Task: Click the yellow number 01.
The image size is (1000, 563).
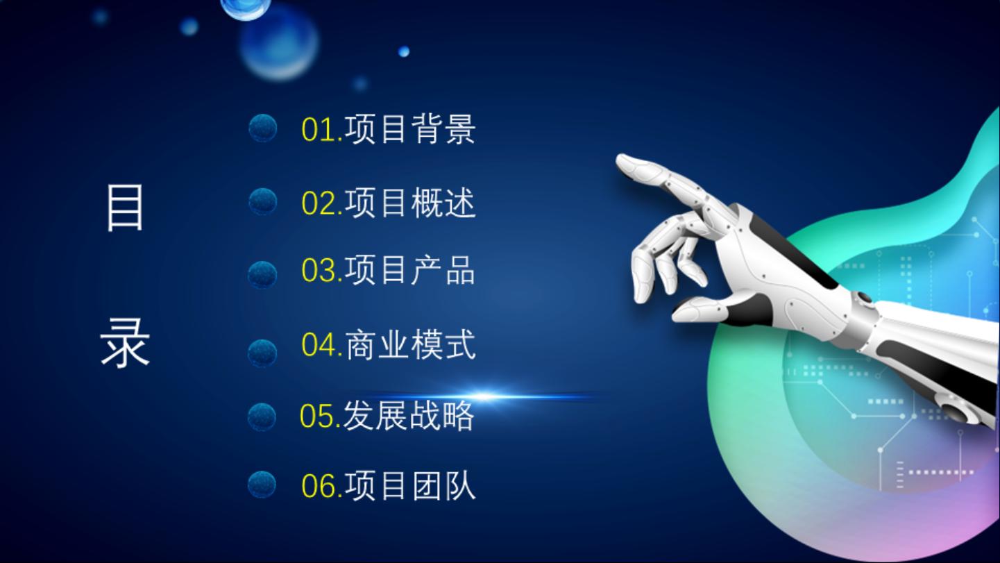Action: click(x=319, y=130)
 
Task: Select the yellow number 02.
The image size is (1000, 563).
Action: click(x=319, y=203)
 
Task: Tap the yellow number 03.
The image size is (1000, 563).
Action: click(x=319, y=270)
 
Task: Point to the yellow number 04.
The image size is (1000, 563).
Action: click(x=319, y=344)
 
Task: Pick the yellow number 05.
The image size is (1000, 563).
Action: click(x=317, y=416)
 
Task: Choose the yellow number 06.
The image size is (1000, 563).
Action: click(x=319, y=486)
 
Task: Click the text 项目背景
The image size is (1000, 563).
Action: click(x=410, y=130)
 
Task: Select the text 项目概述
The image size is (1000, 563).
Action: click(x=410, y=203)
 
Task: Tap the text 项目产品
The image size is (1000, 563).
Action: click(x=410, y=270)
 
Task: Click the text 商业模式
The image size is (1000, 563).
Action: click(x=410, y=344)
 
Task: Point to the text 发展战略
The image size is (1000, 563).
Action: click(x=408, y=415)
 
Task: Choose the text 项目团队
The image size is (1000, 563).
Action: click(x=410, y=486)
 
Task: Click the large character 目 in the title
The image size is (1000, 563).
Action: click(x=125, y=208)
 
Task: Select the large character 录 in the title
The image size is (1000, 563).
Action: click(x=125, y=343)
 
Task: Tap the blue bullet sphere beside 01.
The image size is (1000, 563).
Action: click(x=262, y=128)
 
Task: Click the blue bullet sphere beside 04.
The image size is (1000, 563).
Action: click(x=262, y=353)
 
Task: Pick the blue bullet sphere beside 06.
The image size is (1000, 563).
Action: click(x=262, y=485)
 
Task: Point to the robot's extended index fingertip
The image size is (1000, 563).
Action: click(x=621, y=161)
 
